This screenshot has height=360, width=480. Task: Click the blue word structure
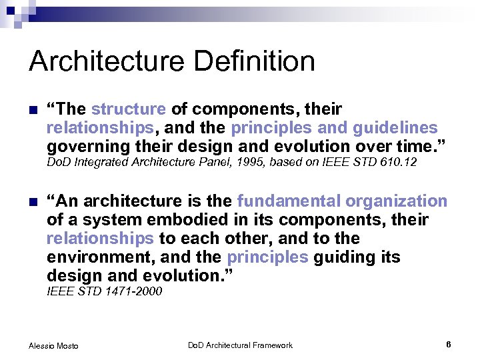pyautogui.click(x=128, y=109)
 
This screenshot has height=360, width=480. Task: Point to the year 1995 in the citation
pyautogui.click(x=247, y=163)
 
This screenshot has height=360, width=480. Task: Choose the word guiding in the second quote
pyautogui.click(x=343, y=257)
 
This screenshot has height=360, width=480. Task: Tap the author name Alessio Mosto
pyautogui.click(x=53, y=345)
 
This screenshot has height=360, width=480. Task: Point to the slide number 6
pyautogui.click(x=449, y=344)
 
